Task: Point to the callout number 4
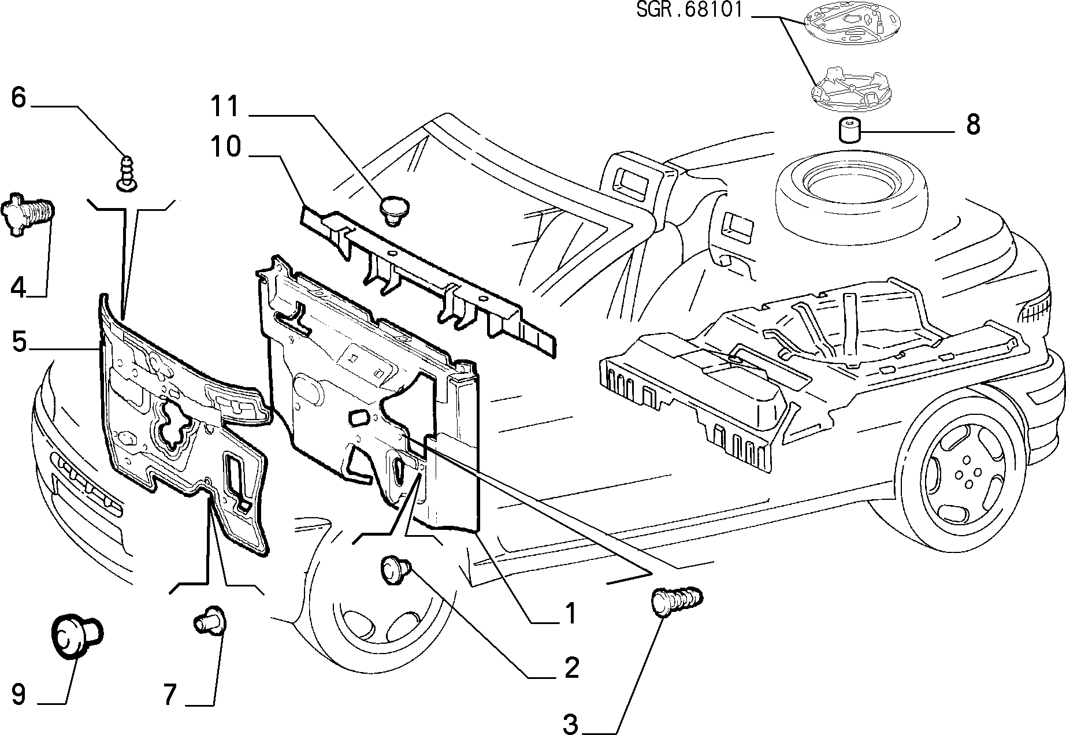tap(18, 287)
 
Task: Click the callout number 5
tap(19, 342)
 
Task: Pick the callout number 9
tap(18, 695)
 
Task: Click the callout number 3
tap(570, 724)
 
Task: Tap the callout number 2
tap(571, 668)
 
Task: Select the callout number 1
tap(570, 614)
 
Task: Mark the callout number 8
tap(973, 124)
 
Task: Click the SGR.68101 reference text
tap(689, 11)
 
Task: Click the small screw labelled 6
tap(128, 172)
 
